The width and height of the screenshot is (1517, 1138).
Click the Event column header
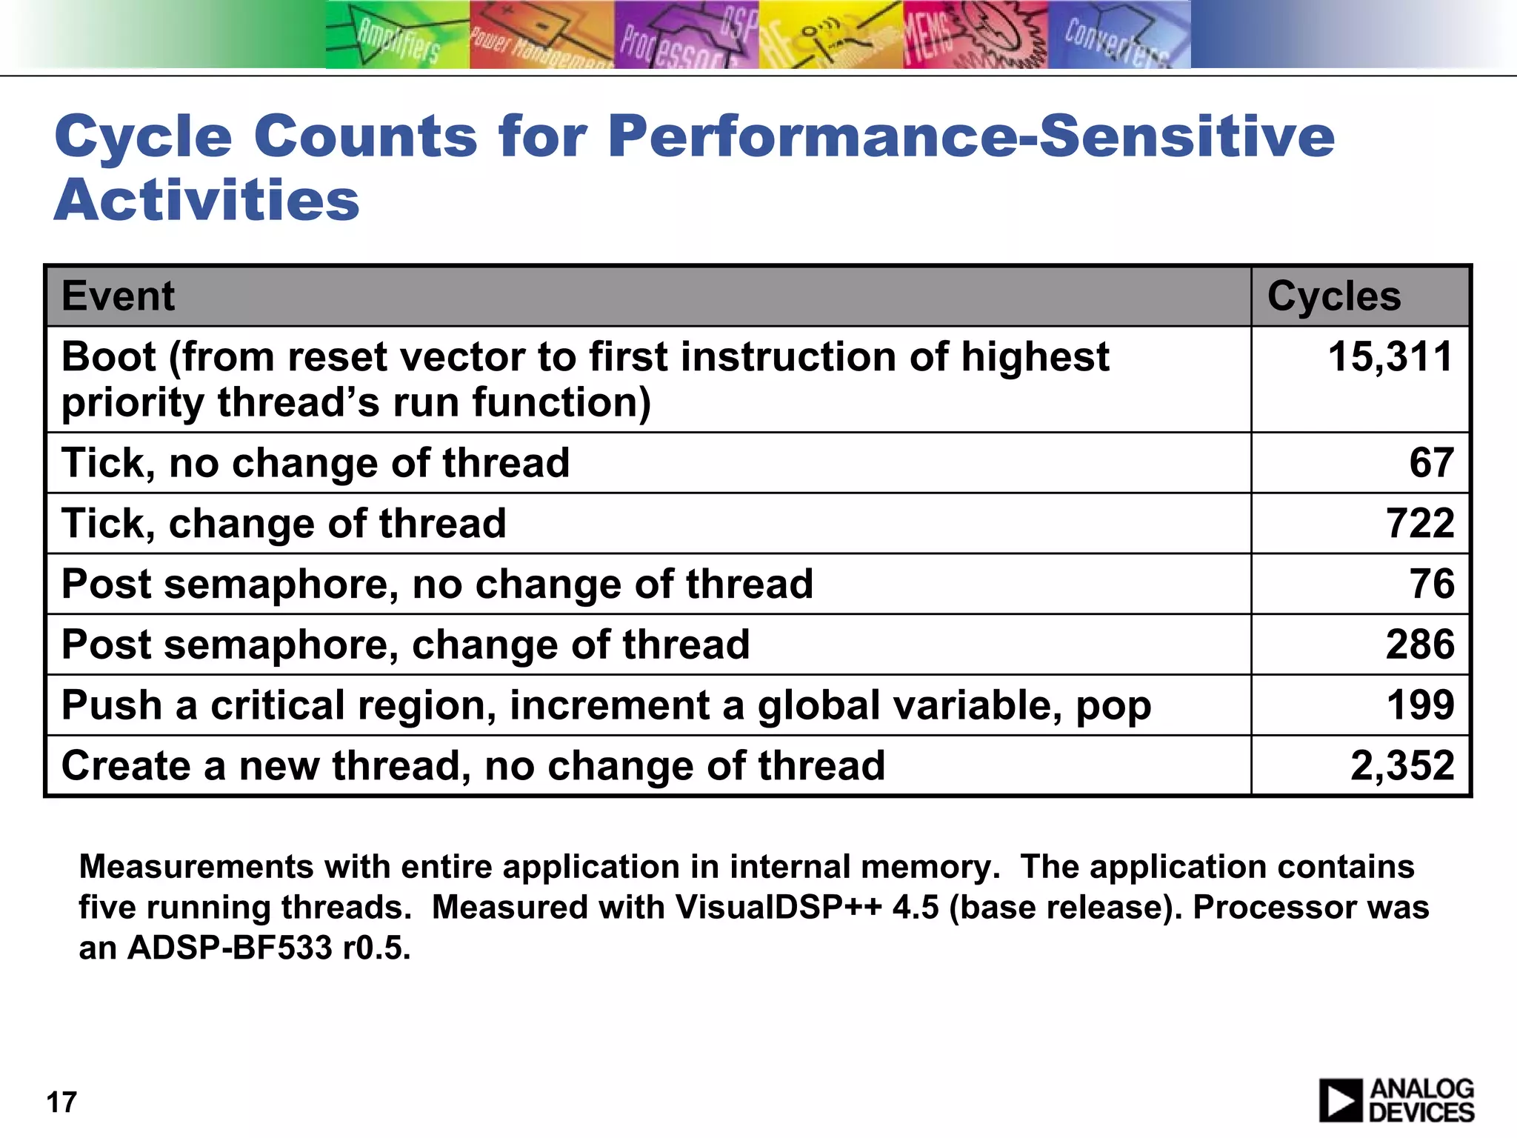click(119, 296)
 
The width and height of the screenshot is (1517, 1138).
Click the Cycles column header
click(1333, 296)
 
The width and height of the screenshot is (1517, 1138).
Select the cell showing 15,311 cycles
click(1390, 357)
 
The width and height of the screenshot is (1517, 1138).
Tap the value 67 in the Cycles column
click(1431, 463)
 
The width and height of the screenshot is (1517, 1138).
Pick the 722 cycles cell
click(1420, 524)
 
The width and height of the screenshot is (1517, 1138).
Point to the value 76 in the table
click(1431, 585)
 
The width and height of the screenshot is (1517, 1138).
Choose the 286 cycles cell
click(1420, 645)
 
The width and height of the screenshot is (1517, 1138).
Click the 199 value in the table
click(1420, 705)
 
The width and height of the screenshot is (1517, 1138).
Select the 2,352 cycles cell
click(1402, 766)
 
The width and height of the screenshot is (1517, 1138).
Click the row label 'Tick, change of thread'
click(284, 524)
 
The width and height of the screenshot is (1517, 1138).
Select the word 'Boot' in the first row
click(108, 357)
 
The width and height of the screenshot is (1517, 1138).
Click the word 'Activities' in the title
click(207, 200)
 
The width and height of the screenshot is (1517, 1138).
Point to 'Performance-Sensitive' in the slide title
click(970, 136)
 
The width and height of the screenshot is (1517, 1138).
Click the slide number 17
click(61, 1102)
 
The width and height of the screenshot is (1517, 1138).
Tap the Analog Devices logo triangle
click(1340, 1101)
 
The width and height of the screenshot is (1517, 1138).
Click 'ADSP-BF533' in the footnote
click(230, 948)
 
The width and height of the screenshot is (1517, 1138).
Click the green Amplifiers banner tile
click(398, 36)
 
